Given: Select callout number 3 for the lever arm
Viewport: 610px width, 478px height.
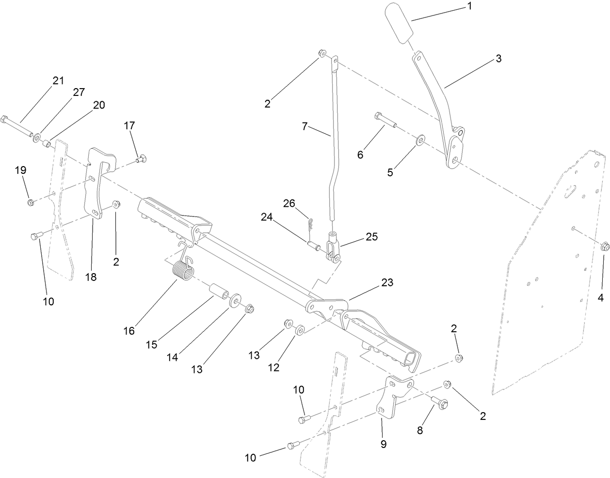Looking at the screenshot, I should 498,59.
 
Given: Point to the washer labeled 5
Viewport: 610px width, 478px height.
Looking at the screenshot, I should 420,141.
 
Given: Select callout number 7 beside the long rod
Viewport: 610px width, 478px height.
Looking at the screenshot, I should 305,126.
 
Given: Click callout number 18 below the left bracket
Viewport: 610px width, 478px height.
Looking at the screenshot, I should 91,277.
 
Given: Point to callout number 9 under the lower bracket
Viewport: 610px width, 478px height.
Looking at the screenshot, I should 383,444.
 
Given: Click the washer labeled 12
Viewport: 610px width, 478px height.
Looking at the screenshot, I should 299,330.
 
